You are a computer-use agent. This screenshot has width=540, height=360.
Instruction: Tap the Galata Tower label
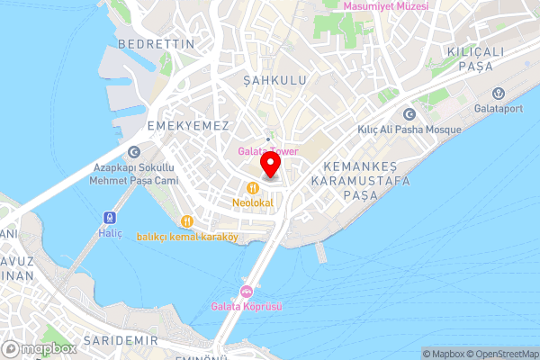click(268, 151)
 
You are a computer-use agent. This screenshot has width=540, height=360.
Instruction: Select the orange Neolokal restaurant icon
click(253, 187)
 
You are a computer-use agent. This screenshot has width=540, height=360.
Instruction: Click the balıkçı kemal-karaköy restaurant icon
click(187, 221)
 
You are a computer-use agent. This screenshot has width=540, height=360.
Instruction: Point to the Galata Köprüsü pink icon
click(246, 291)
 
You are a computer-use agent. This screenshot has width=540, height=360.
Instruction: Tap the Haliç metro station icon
click(110, 217)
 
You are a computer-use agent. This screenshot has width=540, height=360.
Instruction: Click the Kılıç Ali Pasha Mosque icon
click(409, 114)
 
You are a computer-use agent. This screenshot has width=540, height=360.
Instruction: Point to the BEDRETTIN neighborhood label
click(152, 43)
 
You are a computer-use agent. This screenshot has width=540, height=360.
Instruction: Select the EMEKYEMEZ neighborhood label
click(188, 126)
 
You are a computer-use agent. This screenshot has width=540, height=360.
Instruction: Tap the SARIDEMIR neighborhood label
click(121, 340)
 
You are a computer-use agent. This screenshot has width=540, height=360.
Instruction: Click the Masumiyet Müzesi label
click(387, 6)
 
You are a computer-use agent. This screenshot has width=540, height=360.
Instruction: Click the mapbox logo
click(40, 348)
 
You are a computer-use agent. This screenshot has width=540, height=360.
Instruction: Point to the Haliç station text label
click(110, 233)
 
